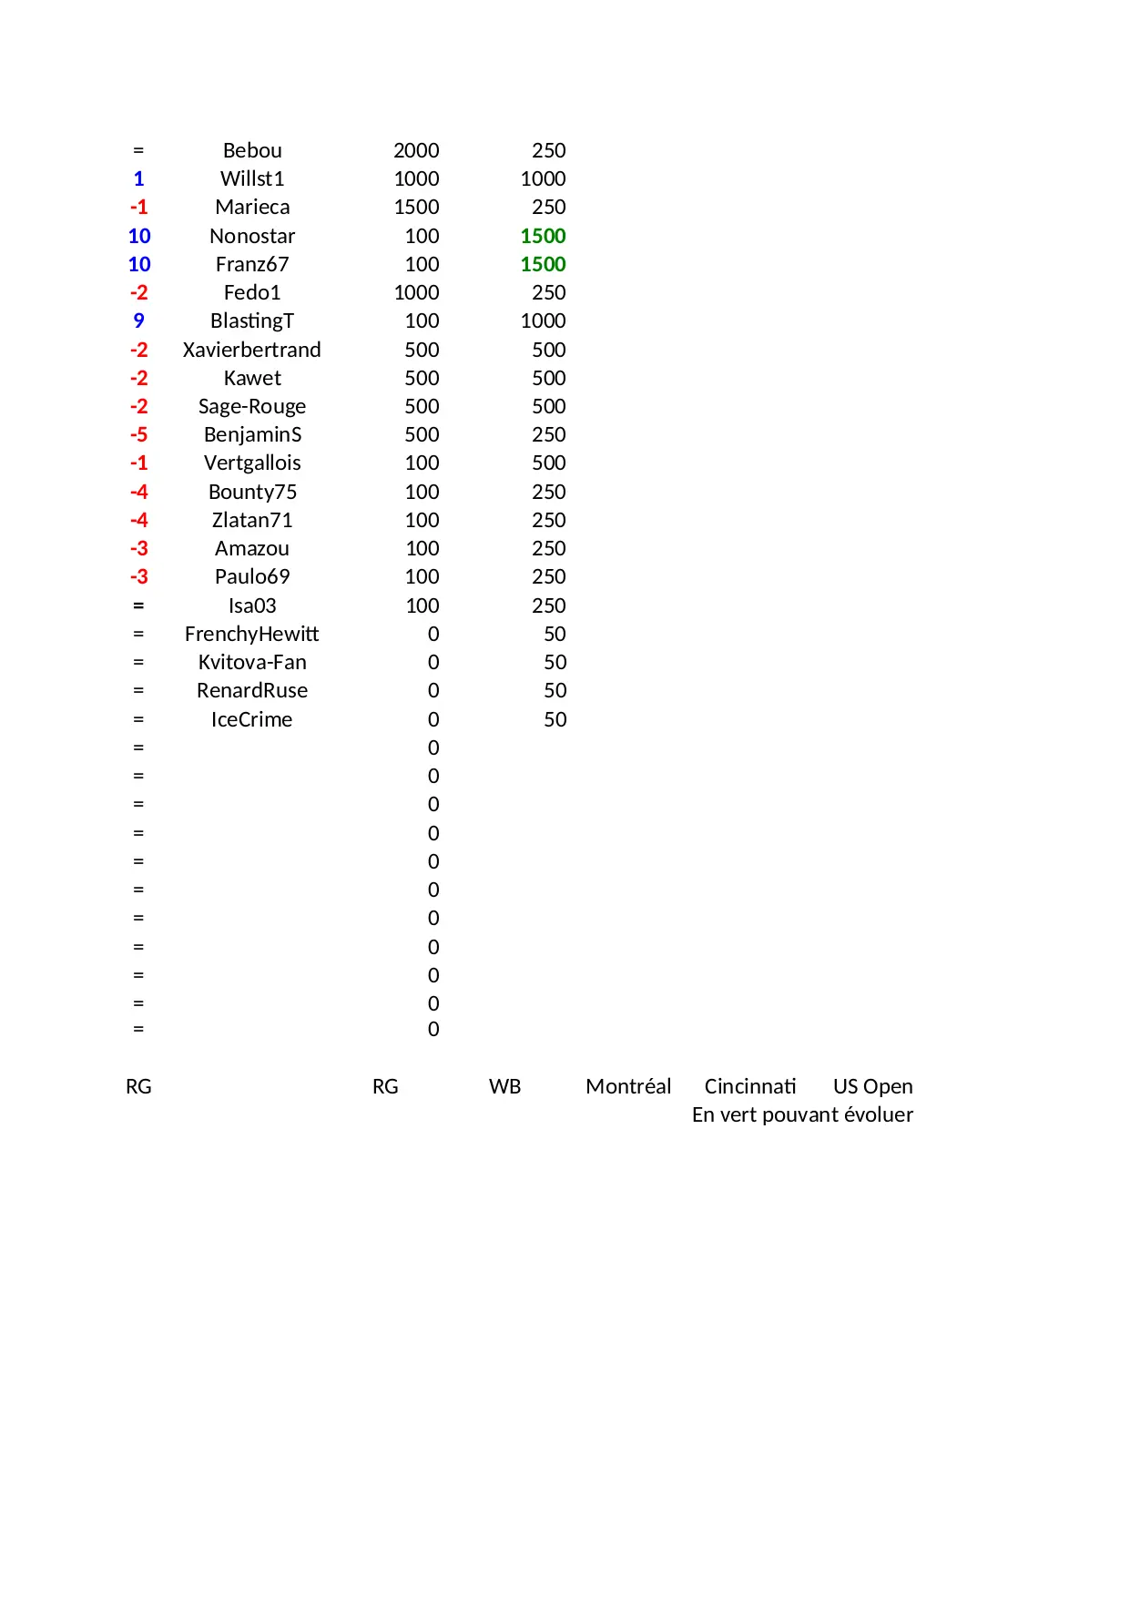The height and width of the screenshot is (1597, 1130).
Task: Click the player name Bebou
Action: pyautogui.click(x=252, y=150)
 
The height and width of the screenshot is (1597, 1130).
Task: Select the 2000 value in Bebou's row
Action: pyautogui.click(x=416, y=150)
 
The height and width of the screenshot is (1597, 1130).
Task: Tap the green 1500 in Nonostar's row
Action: pyautogui.click(x=543, y=236)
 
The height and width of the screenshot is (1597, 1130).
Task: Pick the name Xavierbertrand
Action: pyautogui.click(x=252, y=350)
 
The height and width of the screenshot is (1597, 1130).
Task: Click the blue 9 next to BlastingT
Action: pyautogui.click(x=138, y=320)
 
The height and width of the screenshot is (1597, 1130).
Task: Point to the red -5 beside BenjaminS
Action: pyautogui.click(x=138, y=434)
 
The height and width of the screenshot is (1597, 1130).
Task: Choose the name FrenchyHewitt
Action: pyautogui.click(x=252, y=634)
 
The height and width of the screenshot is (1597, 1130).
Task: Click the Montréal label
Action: pyautogui.click(x=628, y=1086)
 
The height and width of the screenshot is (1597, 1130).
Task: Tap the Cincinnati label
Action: pyautogui.click(x=750, y=1086)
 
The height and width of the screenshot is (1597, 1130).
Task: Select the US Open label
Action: pyautogui.click(x=872, y=1086)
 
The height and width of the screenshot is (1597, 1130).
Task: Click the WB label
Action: pyautogui.click(x=504, y=1086)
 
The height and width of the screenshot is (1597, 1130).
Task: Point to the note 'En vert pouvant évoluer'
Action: pyautogui.click(x=802, y=1114)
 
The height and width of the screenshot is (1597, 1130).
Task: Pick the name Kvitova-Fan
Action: pyautogui.click(x=252, y=662)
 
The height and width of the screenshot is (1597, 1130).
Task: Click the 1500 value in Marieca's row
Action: pyautogui.click(x=416, y=207)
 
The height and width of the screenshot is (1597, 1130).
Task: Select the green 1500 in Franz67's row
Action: pyautogui.click(x=543, y=264)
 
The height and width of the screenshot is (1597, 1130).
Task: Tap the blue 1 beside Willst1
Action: pyautogui.click(x=138, y=178)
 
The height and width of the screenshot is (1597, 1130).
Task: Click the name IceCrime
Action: pyautogui.click(x=252, y=719)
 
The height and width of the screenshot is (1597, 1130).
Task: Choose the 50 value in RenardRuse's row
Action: pyautogui.click(x=555, y=690)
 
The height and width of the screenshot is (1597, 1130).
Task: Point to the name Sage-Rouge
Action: pyautogui.click(x=252, y=406)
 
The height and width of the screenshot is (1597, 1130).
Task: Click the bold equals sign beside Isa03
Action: pyautogui.click(x=138, y=605)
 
